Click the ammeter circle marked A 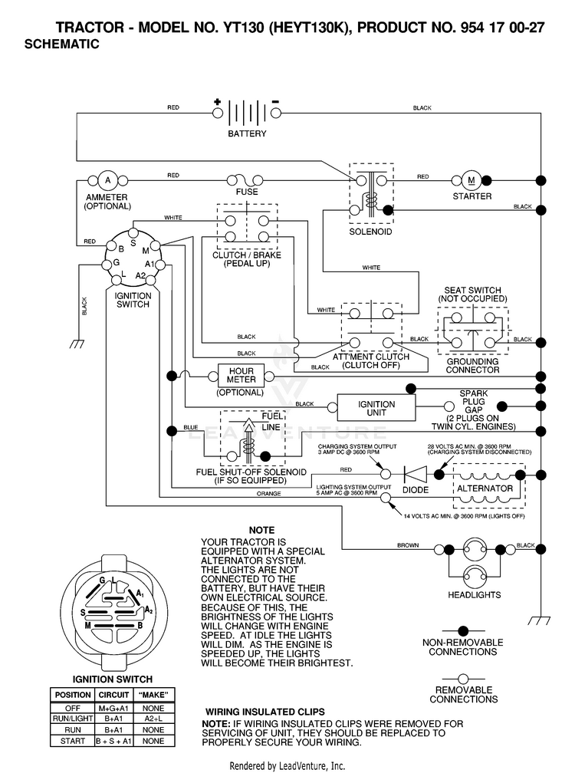coord(107,180)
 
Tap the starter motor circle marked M coord(471,180)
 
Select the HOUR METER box coord(241,376)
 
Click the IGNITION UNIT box coord(376,408)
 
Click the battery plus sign coord(217,102)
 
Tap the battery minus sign coord(275,102)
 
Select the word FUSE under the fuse coord(247,192)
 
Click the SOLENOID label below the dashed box coord(370,232)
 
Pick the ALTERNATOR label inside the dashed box coord(485,488)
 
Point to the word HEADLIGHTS coord(474,595)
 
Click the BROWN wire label coord(408,545)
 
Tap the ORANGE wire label coord(268,494)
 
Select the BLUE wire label coord(191,427)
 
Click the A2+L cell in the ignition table coord(153,719)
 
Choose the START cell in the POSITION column coord(73,741)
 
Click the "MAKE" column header coord(153,695)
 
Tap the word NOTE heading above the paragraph coord(261,530)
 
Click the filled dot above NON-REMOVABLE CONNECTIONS coord(463,630)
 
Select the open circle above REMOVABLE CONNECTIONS coord(463,679)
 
